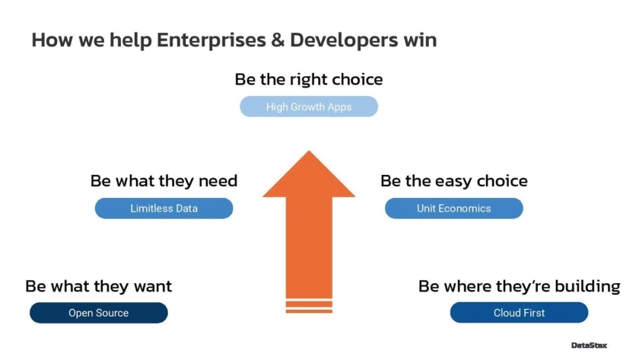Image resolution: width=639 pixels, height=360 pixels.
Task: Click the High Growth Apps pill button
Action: click(x=309, y=107)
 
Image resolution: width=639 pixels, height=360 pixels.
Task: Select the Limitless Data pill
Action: click(x=164, y=209)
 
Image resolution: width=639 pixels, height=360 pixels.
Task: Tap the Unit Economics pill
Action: click(x=453, y=209)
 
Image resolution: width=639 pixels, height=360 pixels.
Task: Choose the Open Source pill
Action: click(x=99, y=313)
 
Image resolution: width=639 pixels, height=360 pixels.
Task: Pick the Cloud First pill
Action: click(x=519, y=313)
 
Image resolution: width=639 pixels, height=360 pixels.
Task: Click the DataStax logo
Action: click(x=589, y=346)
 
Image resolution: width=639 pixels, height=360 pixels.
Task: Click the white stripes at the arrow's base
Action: click(x=309, y=306)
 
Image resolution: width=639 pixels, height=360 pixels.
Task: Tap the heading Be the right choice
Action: click(x=309, y=79)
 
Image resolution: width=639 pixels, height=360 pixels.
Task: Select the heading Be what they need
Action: click(x=164, y=181)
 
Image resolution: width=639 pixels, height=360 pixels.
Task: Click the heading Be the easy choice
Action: click(x=454, y=181)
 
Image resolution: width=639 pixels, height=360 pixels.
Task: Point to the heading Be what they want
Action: click(x=99, y=286)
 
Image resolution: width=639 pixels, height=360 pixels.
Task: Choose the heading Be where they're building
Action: click(x=519, y=286)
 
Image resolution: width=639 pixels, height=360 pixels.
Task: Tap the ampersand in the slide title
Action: click(x=278, y=40)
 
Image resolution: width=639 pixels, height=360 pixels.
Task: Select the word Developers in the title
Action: click(x=344, y=40)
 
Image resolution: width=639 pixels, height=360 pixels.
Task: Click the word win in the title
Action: click(x=420, y=40)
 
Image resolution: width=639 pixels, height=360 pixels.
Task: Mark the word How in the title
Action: click(x=52, y=40)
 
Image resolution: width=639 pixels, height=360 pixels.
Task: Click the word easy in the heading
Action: click(x=453, y=181)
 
